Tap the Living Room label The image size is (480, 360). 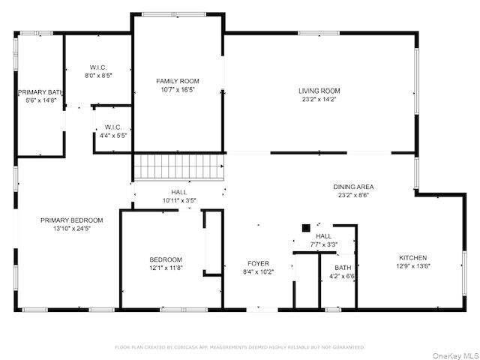point(319,91)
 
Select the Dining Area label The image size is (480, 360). point(354,187)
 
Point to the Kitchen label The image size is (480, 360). point(412,257)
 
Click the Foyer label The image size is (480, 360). point(259,263)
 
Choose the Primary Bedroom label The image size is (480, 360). point(71,220)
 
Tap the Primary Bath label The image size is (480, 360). point(40,92)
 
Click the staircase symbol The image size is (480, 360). point(178,166)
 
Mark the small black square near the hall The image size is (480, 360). point(306,227)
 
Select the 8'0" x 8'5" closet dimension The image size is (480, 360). point(98,76)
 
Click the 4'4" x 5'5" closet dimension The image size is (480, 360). point(112,136)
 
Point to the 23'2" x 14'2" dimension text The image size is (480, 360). point(319,99)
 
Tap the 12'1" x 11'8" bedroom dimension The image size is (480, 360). point(166,268)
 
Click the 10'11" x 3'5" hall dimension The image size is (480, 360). point(179,200)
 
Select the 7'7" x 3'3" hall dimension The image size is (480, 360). point(324,244)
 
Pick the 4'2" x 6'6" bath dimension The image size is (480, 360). point(343,276)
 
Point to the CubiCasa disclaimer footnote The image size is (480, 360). point(239,347)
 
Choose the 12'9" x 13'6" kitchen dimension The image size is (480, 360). point(412,265)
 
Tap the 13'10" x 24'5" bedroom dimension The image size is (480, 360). point(71,229)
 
